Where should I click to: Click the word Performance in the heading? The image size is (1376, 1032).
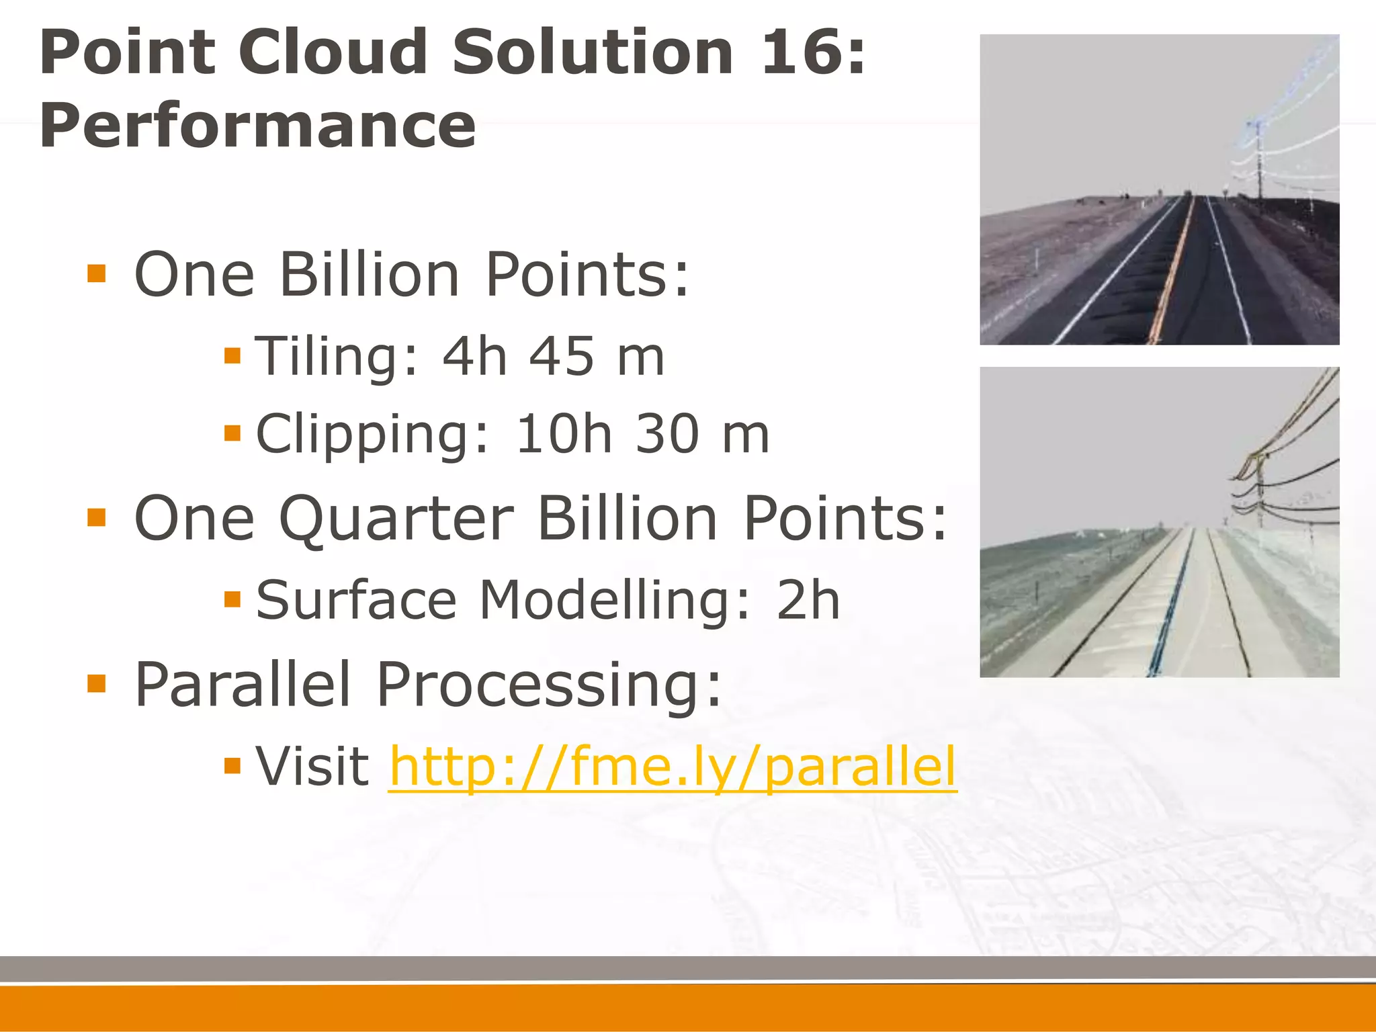point(258,126)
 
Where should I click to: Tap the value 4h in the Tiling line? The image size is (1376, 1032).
point(474,356)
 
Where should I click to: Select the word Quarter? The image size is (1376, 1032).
point(396,519)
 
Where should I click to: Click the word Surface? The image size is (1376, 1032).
point(356,600)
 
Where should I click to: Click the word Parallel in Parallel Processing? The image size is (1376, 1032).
point(243,685)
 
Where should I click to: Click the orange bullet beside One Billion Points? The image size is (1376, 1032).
point(97,273)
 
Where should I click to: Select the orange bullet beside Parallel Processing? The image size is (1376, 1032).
point(97,684)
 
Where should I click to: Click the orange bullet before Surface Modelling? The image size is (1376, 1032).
point(232,599)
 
